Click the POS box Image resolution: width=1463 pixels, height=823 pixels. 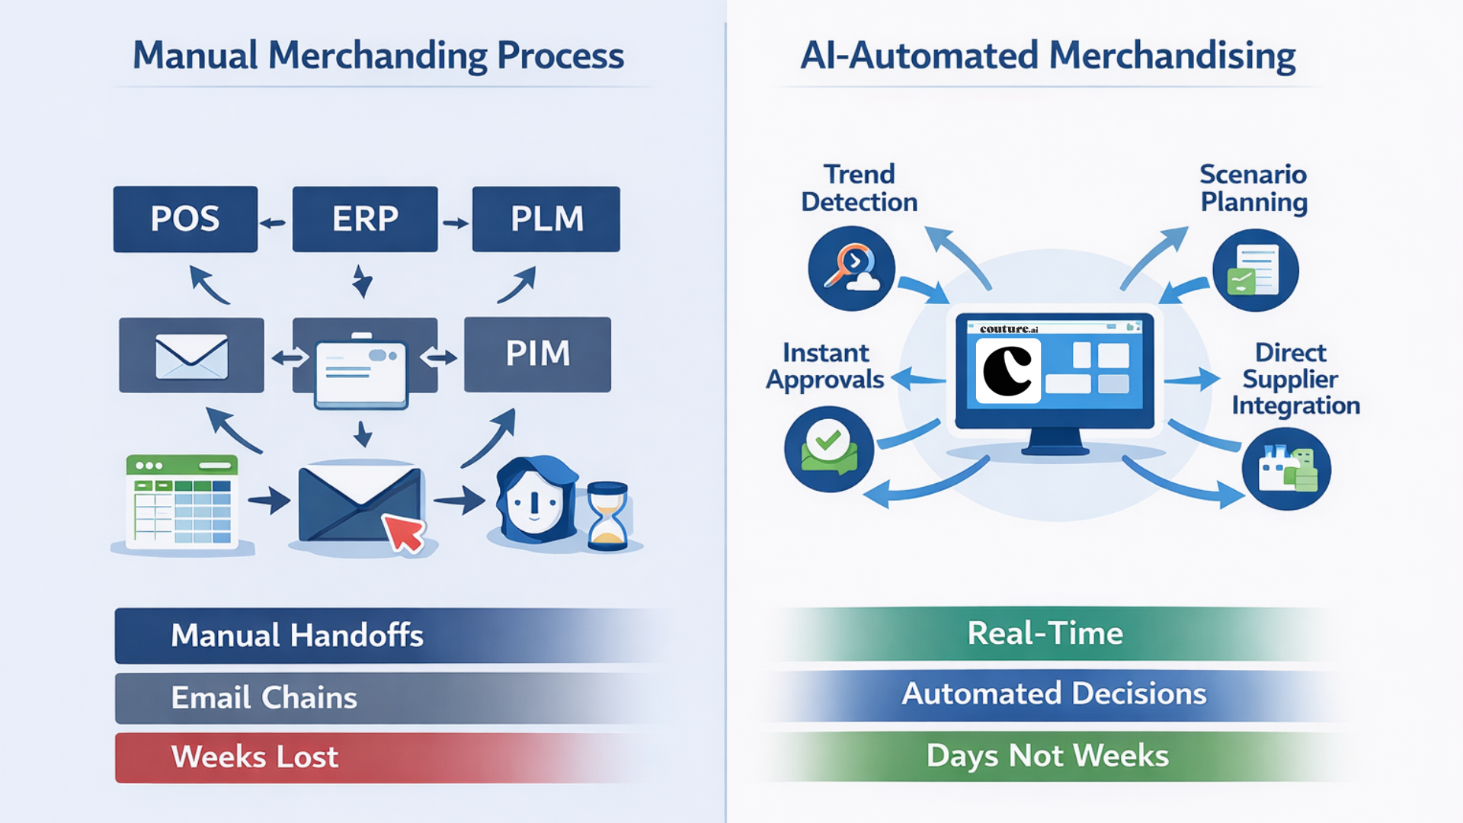click(x=185, y=219)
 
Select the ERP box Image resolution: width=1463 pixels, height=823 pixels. click(x=365, y=219)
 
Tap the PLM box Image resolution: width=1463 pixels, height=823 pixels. click(x=546, y=219)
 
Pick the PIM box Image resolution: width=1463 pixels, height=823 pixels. click(x=537, y=354)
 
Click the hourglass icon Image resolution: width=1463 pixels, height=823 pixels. click(x=607, y=515)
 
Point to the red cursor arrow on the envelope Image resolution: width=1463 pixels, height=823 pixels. click(x=403, y=531)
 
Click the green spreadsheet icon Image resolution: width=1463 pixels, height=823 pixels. click(x=182, y=501)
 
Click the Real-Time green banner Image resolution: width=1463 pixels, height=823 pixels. click(x=1045, y=633)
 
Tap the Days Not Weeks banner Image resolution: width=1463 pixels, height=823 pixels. click(x=1047, y=756)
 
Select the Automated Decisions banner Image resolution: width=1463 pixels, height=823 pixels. click(x=1053, y=694)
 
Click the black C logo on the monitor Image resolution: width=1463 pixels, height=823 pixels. click(x=1007, y=372)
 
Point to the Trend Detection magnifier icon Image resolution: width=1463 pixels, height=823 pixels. click(x=851, y=267)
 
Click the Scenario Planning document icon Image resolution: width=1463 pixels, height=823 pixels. click(x=1255, y=271)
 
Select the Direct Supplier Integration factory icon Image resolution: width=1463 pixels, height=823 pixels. click(x=1286, y=469)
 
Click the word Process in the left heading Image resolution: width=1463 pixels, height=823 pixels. click(x=560, y=56)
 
